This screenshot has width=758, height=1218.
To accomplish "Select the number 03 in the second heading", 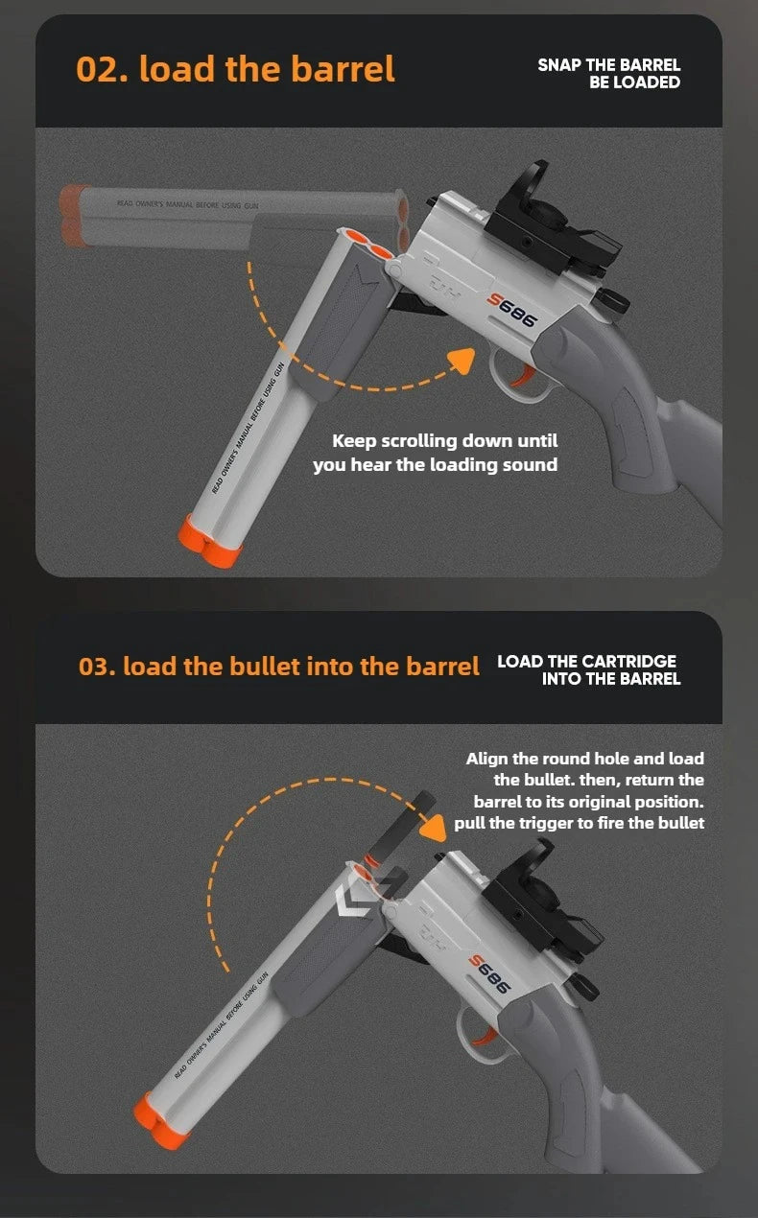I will point(96,667).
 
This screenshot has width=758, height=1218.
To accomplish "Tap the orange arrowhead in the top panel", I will point(462,362).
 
